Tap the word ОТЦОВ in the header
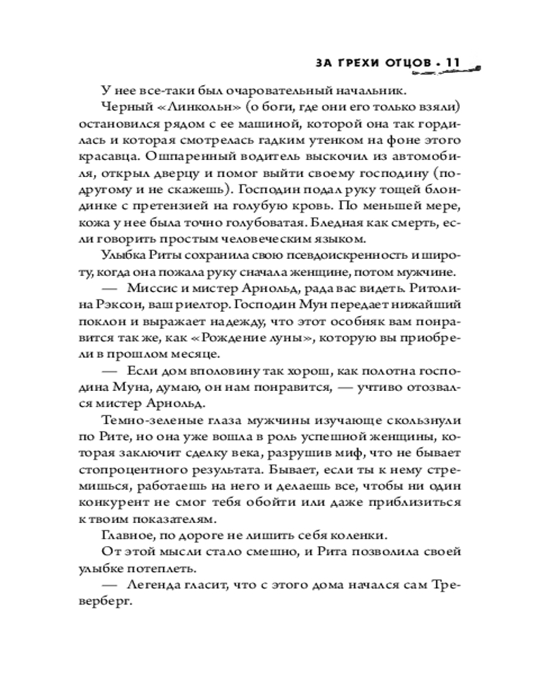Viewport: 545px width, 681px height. (403, 63)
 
